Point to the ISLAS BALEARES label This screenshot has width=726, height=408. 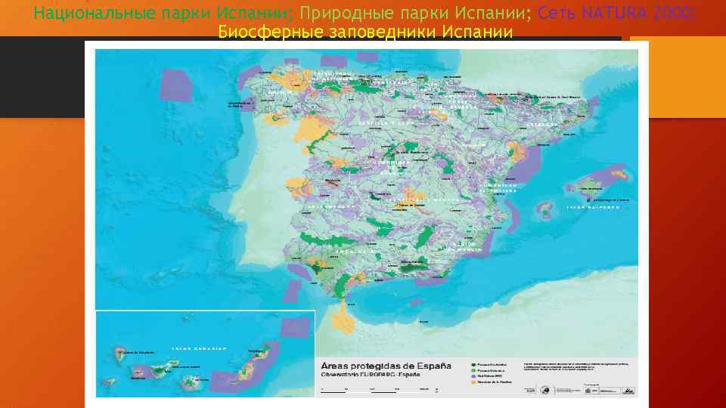tap(589, 206)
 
